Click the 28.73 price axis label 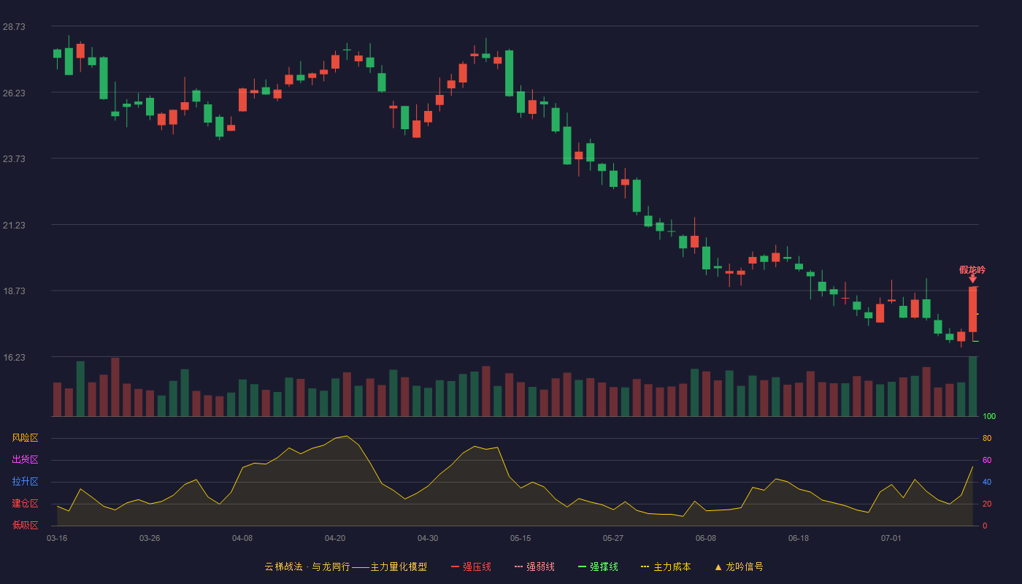pyautogui.click(x=14, y=27)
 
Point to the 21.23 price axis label pyautogui.click(x=14, y=226)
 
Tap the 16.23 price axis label pyautogui.click(x=14, y=358)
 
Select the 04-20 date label pyautogui.click(x=335, y=539)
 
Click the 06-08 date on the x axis pyautogui.click(x=706, y=539)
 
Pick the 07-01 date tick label pyautogui.click(x=891, y=539)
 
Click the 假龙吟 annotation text pyautogui.click(x=972, y=269)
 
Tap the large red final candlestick pyautogui.click(x=972, y=309)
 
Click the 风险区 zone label pyautogui.click(x=25, y=438)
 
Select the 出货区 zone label pyautogui.click(x=25, y=459)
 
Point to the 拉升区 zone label pyautogui.click(x=25, y=481)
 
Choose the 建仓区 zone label pyautogui.click(x=25, y=503)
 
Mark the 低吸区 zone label pyautogui.click(x=25, y=525)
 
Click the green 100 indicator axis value pyautogui.click(x=989, y=416)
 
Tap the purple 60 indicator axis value pyautogui.click(x=987, y=460)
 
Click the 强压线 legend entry pyautogui.click(x=471, y=566)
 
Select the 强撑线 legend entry pyautogui.click(x=598, y=566)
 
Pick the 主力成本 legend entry pyautogui.click(x=666, y=566)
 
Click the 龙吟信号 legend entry pyautogui.click(x=739, y=566)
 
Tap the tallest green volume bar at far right pyautogui.click(x=972, y=386)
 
